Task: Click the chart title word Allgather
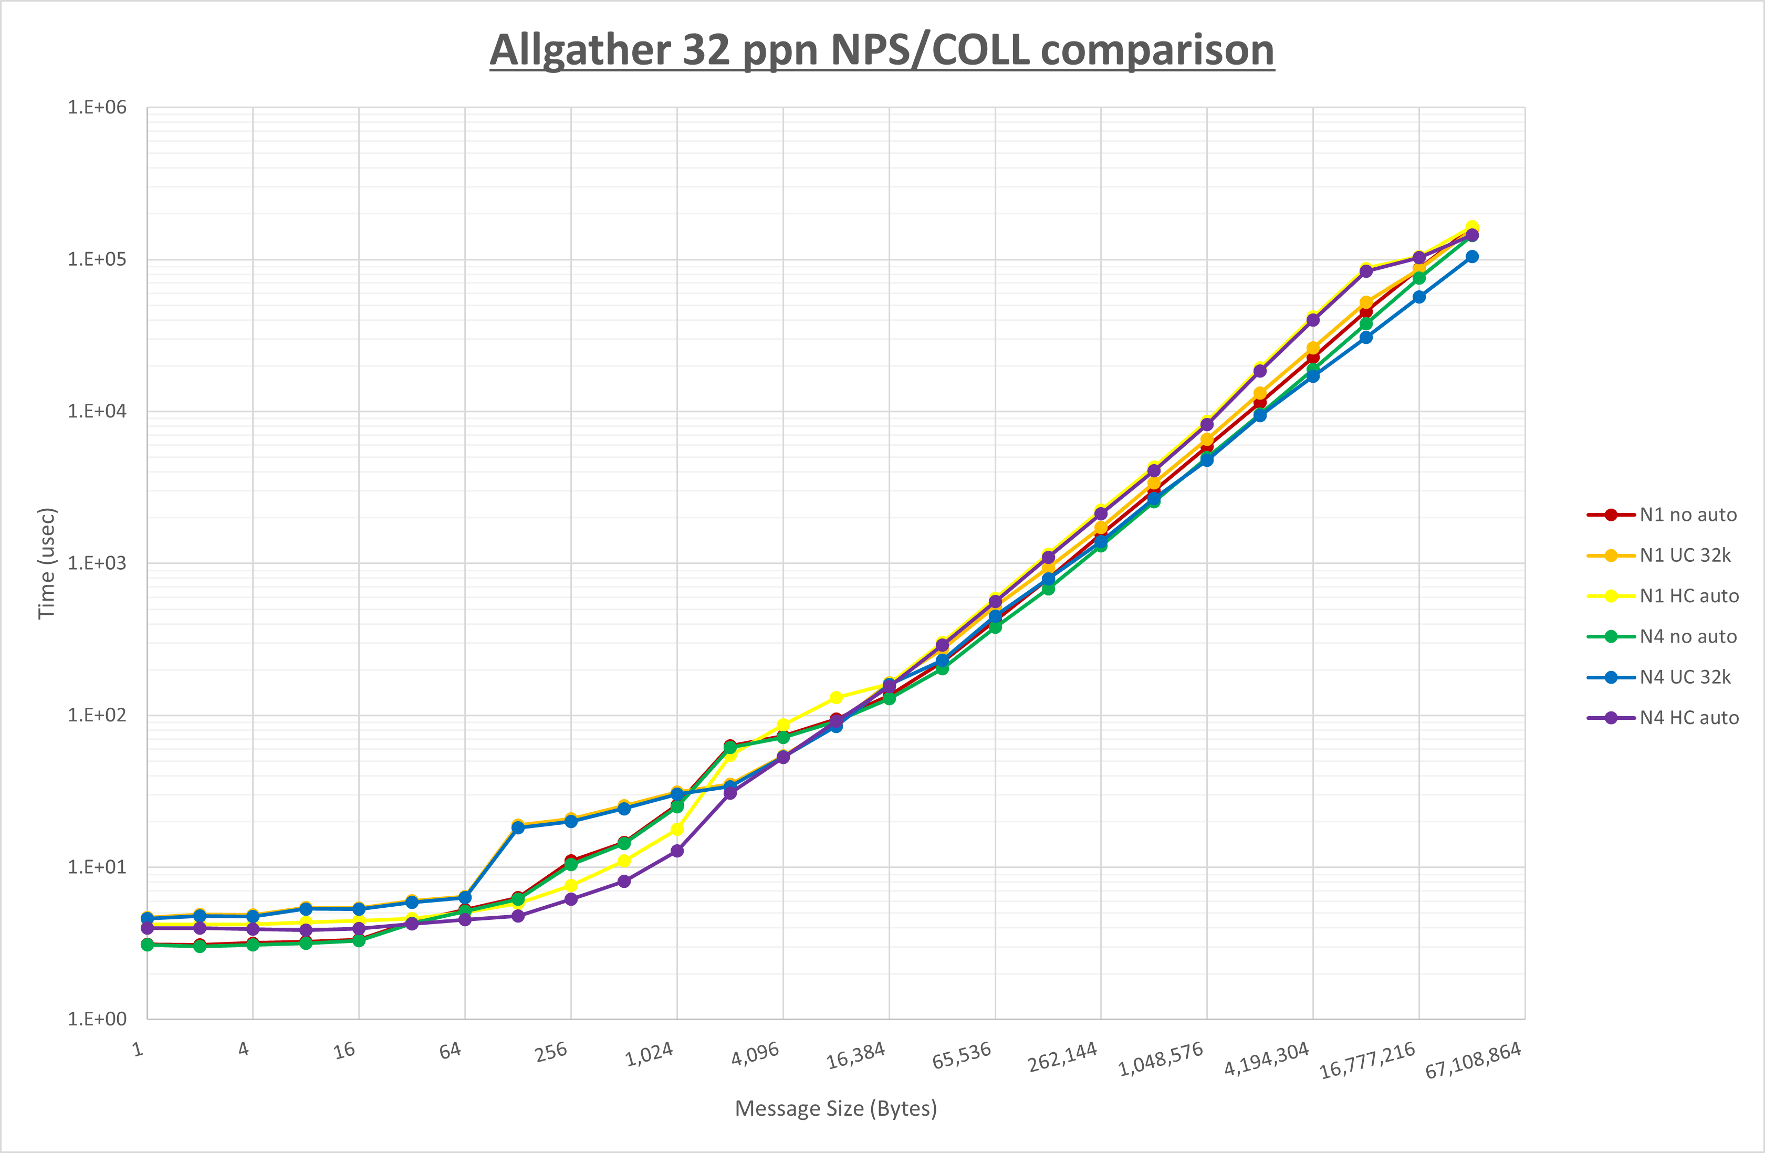tap(580, 50)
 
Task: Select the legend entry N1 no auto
tap(1688, 515)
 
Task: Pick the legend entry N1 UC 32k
tap(1685, 555)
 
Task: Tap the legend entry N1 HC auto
tap(1689, 596)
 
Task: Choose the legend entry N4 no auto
tap(1688, 636)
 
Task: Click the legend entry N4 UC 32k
tap(1685, 677)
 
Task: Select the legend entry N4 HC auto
tap(1689, 718)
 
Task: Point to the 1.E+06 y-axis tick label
tap(97, 108)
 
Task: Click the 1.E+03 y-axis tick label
tap(97, 563)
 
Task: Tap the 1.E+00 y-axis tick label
tap(97, 1019)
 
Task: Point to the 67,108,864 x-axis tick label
tap(1473, 1060)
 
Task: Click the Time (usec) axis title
tap(46, 563)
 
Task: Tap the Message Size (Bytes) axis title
tap(836, 1108)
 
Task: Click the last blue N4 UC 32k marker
tap(1472, 257)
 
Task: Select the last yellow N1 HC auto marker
tap(1472, 227)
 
